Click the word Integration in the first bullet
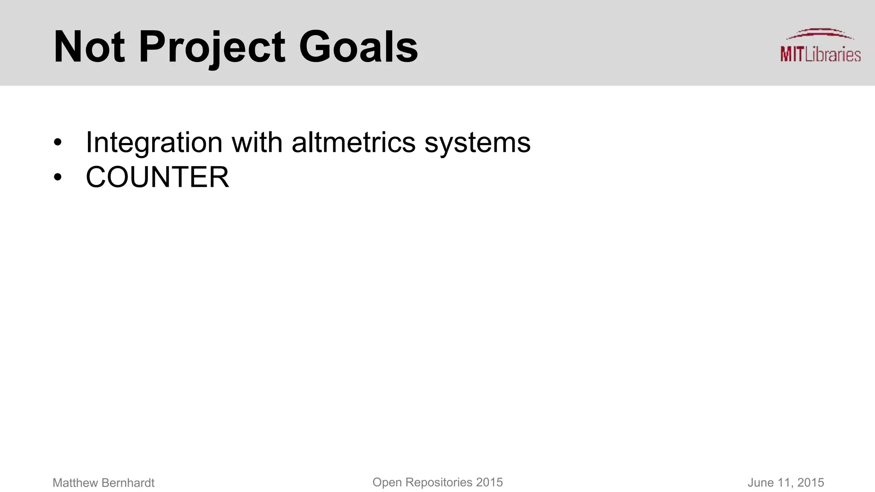[154, 142]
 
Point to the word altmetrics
[353, 142]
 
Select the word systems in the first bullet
[477, 143]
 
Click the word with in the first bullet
[257, 142]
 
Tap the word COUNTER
[157, 177]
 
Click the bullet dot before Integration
[58, 143]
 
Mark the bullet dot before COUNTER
[58, 177]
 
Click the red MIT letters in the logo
[792, 55]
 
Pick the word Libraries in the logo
[832, 55]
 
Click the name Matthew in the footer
[75, 483]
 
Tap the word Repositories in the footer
[439, 483]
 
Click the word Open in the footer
[387, 483]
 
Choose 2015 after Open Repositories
[489, 483]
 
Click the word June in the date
[760, 483]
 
